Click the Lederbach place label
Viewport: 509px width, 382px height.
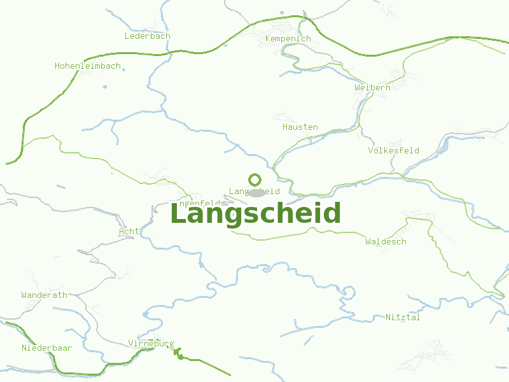point(147,36)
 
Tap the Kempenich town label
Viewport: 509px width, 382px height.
point(288,39)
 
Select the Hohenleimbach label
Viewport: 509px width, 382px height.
point(87,66)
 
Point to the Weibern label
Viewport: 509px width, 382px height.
point(372,87)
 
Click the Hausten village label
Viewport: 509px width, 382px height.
point(300,127)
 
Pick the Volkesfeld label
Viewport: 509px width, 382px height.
point(393,151)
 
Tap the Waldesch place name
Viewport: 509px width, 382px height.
point(386,242)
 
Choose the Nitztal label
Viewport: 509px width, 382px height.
point(403,318)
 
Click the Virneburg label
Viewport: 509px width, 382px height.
point(151,344)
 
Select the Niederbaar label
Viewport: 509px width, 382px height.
point(46,348)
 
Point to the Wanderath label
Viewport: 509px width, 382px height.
point(44,295)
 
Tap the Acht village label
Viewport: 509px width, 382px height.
point(128,232)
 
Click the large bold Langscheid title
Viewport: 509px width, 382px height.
point(255,214)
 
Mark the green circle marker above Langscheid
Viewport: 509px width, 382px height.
point(254,180)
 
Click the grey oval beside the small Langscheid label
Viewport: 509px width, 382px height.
point(256,192)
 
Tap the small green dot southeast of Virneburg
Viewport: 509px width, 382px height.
point(181,357)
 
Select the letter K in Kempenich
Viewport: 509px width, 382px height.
point(267,39)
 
